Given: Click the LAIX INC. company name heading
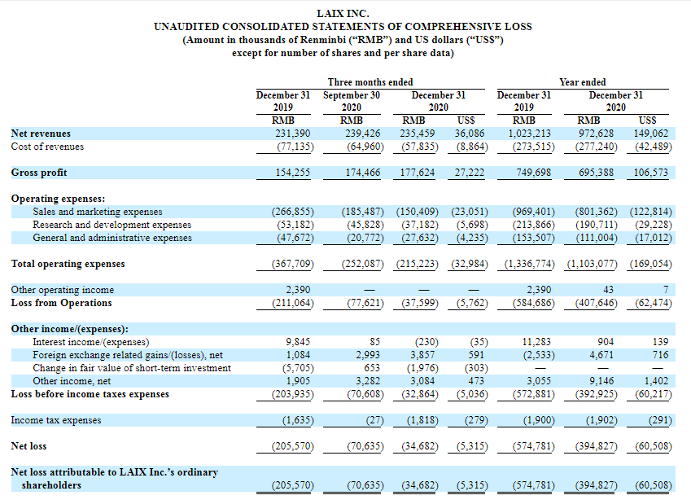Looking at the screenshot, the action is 343,14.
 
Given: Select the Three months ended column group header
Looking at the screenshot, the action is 370,82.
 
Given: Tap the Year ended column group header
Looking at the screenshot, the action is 583,82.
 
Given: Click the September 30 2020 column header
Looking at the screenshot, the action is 352,101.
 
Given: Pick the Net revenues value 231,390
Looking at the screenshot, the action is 293,134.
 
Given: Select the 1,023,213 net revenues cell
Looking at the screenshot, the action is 529,134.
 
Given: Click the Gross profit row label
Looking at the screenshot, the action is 39,173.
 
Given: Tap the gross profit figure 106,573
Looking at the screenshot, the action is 651,173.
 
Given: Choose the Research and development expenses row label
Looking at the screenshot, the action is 112,225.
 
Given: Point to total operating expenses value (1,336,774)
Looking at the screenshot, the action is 529,264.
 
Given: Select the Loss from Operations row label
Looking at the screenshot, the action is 61,303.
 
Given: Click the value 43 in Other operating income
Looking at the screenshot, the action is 608,290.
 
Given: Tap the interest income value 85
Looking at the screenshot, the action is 374,342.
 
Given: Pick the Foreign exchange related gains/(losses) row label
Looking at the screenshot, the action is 128,355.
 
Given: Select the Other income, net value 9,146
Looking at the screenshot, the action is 601,381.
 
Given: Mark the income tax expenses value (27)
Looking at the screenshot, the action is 374,420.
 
